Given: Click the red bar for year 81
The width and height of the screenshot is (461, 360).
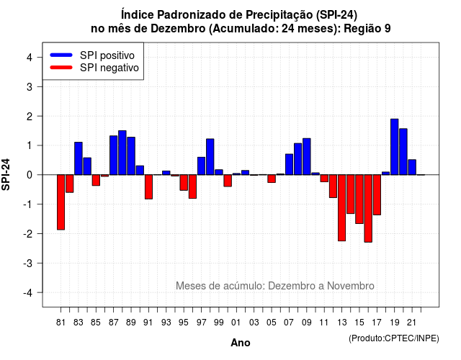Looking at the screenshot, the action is (x=61, y=202).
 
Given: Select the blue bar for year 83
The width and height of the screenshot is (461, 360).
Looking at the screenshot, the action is (x=79, y=158).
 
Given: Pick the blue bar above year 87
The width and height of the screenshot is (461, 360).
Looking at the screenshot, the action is (x=114, y=156).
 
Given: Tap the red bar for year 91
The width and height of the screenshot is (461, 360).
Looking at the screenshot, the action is (x=149, y=187).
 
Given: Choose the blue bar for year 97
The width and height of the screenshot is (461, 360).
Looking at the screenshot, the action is (x=202, y=166).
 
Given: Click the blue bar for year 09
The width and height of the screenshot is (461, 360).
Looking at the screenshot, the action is (x=307, y=157).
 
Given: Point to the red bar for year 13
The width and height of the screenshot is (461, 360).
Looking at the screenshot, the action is (x=342, y=208).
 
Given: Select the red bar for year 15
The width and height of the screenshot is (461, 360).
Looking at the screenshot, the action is (x=359, y=199).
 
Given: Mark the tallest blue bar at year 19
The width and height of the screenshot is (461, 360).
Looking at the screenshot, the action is (x=395, y=147).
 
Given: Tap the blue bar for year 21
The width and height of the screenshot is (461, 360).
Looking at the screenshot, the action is (x=412, y=167).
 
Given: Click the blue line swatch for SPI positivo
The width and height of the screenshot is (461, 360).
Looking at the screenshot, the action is (x=61, y=55).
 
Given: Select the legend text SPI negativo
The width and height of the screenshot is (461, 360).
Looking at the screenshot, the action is (x=109, y=68).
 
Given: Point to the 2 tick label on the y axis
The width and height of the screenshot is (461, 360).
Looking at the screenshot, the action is (x=30, y=117).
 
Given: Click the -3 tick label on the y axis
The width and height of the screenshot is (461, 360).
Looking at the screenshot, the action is (x=27, y=264).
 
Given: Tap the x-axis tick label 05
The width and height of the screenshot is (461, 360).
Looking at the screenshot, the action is (x=272, y=323).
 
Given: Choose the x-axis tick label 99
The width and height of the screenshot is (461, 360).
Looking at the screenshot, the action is (x=219, y=323).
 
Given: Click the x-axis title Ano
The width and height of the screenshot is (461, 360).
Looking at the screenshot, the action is (x=241, y=343).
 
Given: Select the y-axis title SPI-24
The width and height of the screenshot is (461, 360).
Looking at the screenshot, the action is (x=6, y=175).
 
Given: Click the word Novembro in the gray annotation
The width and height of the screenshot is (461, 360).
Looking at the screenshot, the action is (x=351, y=286).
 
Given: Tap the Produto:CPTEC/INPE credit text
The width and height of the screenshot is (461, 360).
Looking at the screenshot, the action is (x=394, y=338).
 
